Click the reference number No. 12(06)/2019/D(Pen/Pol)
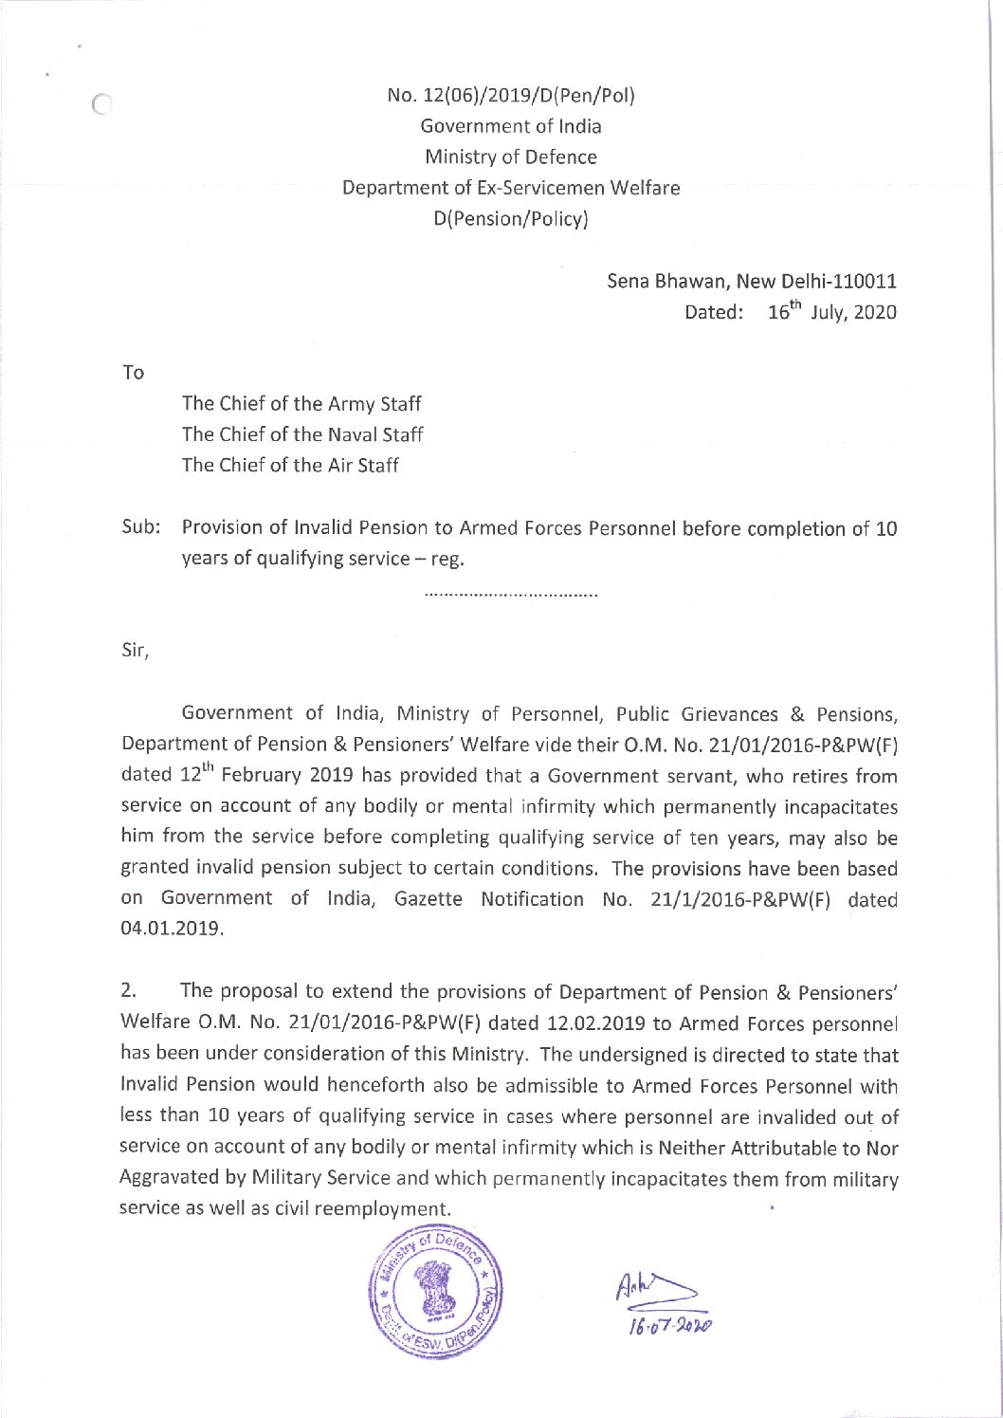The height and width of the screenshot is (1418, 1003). [x=511, y=95]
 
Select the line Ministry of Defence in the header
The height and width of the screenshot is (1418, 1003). [x=511, y=157]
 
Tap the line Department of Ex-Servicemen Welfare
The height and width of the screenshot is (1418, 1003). [x=511, y=188]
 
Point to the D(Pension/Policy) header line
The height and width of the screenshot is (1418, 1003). [x=511, y=219]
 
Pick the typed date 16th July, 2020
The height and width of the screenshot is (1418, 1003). [x=831, y=312]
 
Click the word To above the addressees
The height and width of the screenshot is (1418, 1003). [x=133, y=373]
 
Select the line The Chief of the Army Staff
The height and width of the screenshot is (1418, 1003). [x=301, y=404]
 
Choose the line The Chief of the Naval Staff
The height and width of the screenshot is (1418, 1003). [x=302, y=434]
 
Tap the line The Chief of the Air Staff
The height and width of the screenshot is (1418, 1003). [x=290, y=466]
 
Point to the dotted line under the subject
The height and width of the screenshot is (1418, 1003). [x=511, y=597]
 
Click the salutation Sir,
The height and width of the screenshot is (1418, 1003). [x=136, y=653]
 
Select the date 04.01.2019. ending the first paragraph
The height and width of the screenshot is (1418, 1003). [x=173, y=930]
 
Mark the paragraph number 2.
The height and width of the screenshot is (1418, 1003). [x=131, y=992]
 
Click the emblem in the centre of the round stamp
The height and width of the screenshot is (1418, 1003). [x=433, y=1289]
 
